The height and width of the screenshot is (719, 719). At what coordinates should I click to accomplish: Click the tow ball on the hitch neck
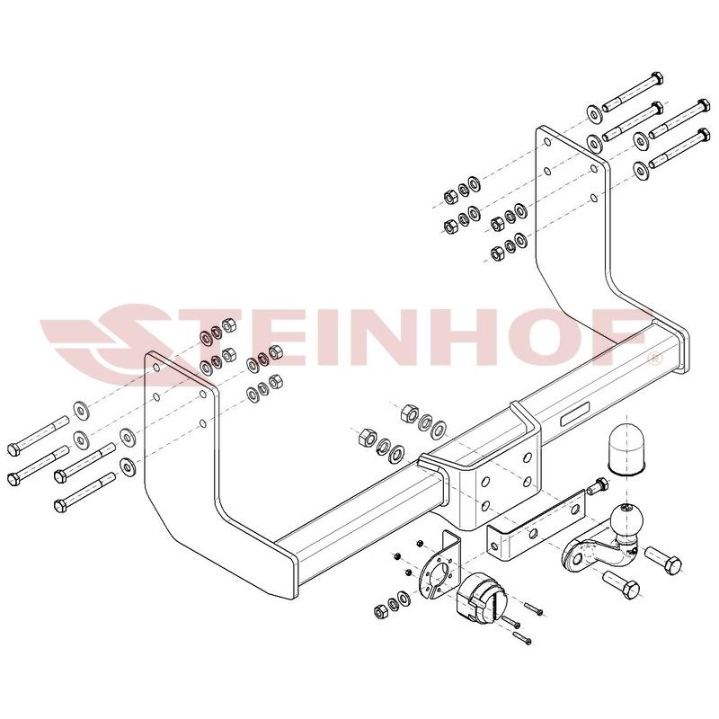626,519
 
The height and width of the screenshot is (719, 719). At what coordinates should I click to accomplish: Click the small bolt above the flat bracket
597,485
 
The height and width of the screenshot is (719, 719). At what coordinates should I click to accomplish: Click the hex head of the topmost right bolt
657,79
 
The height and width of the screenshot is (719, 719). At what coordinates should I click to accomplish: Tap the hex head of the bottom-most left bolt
60,506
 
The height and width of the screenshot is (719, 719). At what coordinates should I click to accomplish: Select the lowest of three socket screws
522,637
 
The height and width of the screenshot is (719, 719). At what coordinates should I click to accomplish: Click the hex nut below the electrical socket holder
379,610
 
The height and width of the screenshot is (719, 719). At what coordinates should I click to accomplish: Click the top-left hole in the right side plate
547,143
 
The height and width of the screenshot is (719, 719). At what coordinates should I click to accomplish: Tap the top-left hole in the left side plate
155,368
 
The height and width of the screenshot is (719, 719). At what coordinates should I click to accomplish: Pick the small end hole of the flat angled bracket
493,546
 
